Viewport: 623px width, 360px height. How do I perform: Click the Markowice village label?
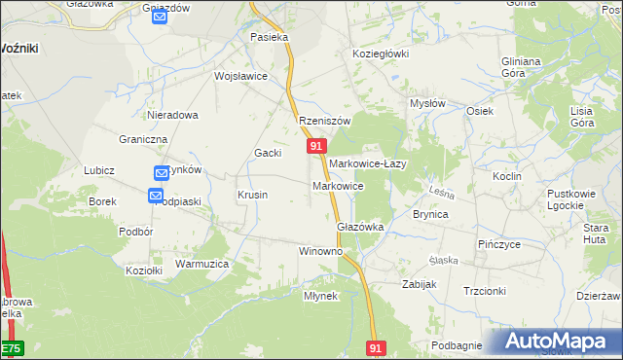338,185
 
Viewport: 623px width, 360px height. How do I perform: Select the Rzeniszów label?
324,121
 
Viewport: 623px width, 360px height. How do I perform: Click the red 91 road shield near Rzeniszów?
316,145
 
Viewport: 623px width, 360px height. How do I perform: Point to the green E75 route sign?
11,347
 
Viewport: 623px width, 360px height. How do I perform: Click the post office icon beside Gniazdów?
161,17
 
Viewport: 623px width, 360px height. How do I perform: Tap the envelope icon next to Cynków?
162,172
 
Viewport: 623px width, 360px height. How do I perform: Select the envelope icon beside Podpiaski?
156,196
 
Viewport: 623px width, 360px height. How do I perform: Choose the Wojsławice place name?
240,75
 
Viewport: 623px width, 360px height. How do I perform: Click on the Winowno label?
321,251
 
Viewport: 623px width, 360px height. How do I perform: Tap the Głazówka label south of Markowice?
360,226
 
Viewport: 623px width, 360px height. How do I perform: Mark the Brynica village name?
430,214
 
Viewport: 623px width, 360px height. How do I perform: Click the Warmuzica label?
202,264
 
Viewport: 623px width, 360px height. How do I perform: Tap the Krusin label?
252,195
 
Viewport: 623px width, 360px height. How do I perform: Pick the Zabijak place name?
420,284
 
